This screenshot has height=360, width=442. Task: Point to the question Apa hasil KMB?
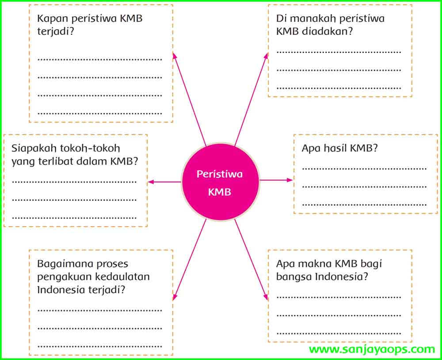point(339,148)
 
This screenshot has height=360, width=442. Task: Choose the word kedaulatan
point(122,277)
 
